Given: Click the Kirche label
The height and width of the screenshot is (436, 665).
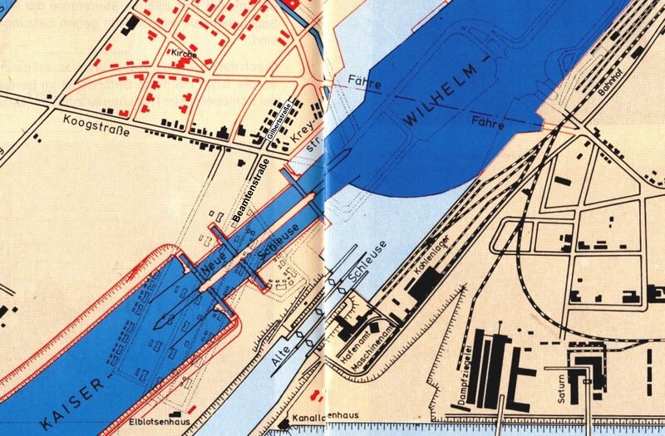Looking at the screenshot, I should click(x=183, y=54).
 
